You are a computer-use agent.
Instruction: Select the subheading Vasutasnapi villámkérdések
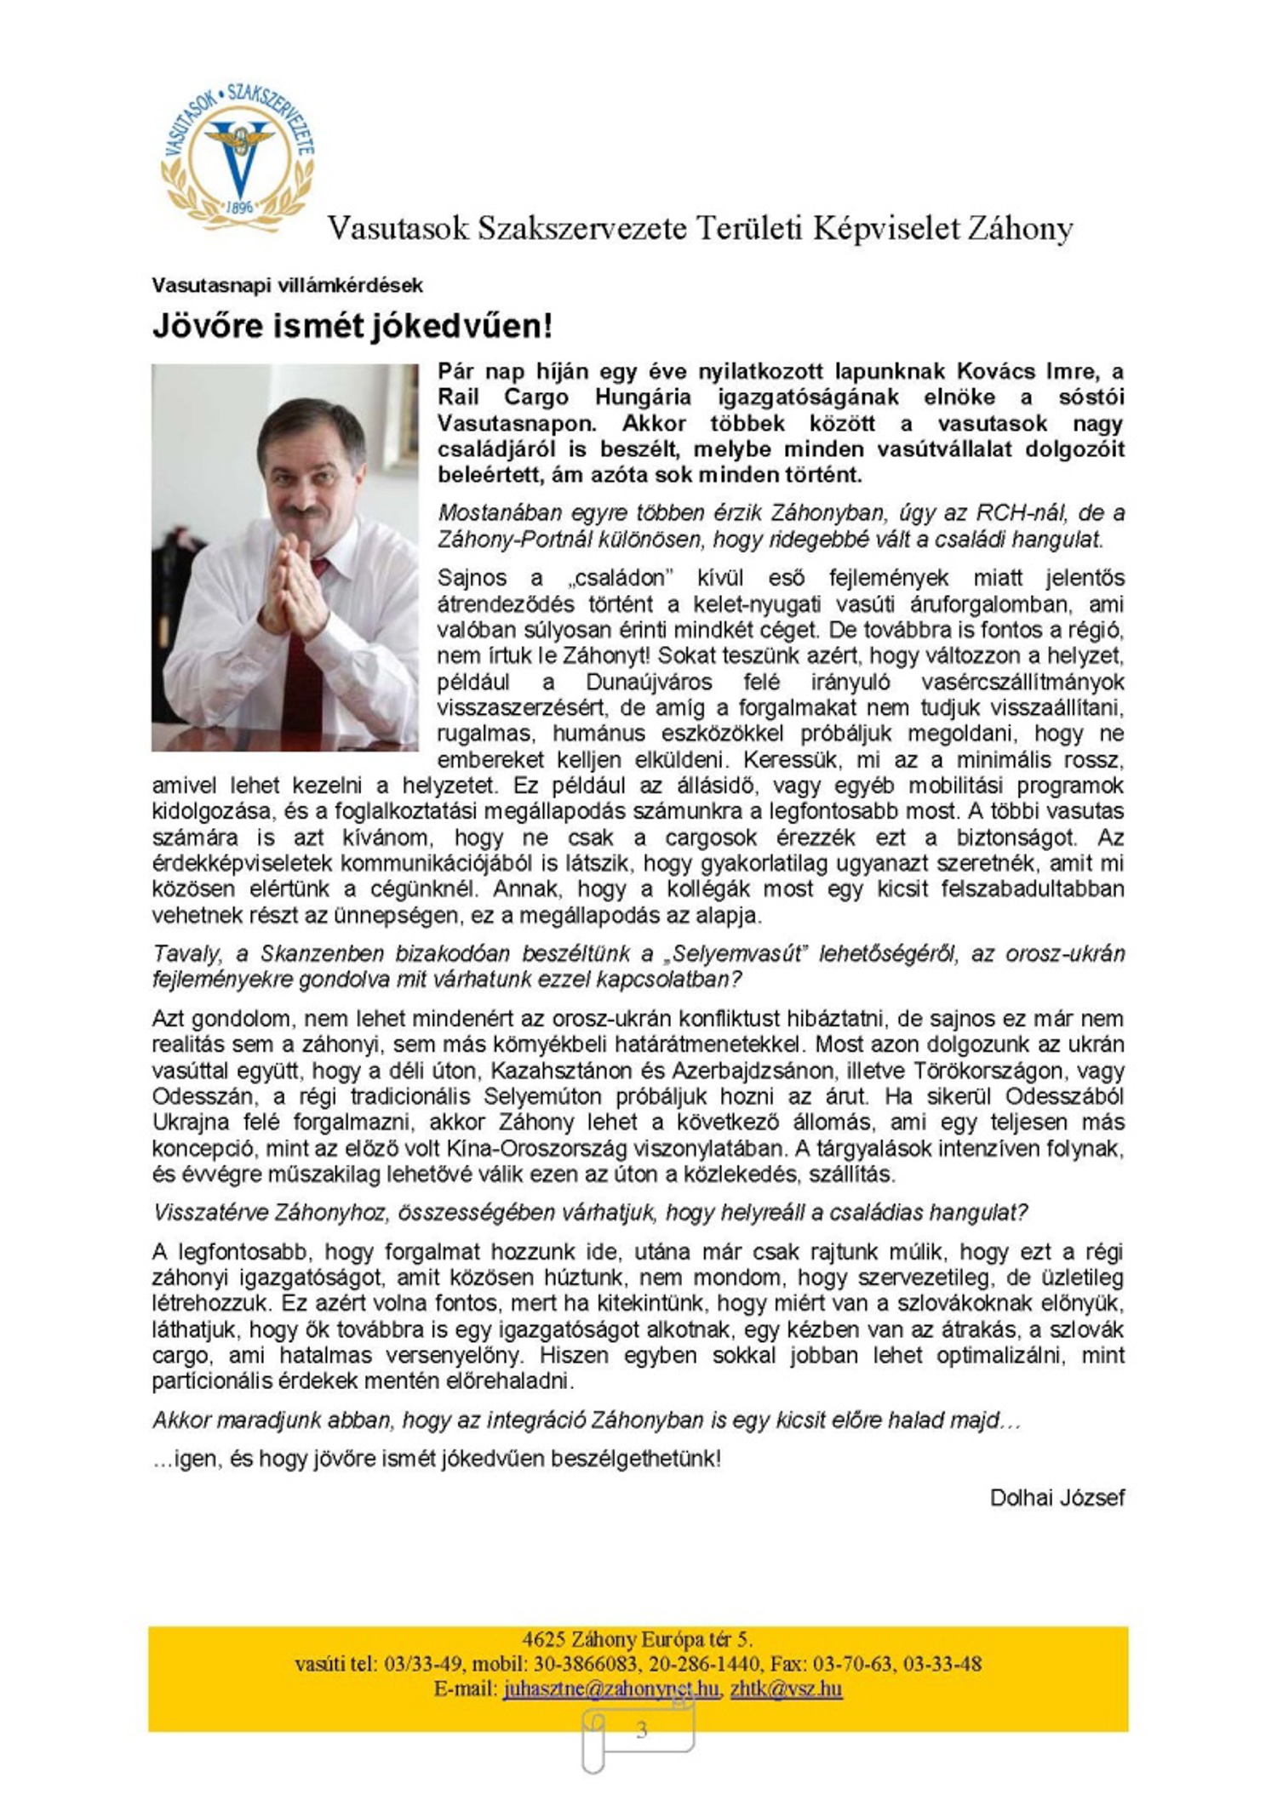[287, 286]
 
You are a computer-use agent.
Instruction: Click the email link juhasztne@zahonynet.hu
[610, 1689]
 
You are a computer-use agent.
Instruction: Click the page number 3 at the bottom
[641, 1729]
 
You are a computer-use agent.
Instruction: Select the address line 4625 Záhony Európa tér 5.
[638, 1639]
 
